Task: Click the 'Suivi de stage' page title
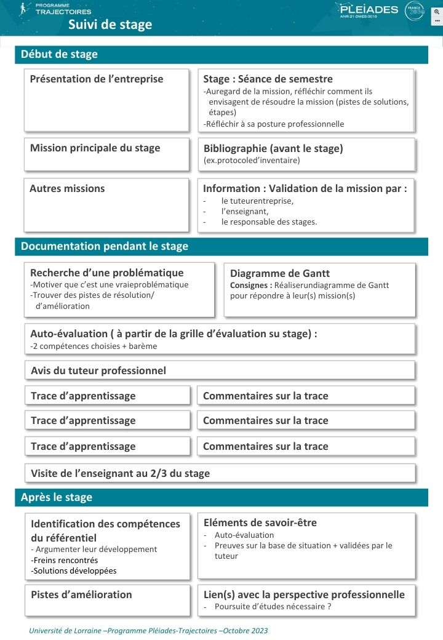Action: click(110, 25)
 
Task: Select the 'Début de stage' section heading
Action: click(59, 54)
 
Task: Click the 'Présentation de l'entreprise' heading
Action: click(97, 79)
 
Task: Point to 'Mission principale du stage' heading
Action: click(95, 148)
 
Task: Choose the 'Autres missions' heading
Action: click(67, 188)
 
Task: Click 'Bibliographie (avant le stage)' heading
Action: click(273, 148)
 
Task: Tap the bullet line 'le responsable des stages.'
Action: click(269, 222)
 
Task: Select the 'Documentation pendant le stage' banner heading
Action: click(105, 246)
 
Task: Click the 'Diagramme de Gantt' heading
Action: click(280, 274)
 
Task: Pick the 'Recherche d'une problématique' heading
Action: click(107, 273)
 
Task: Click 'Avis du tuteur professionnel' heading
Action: click(98, 370)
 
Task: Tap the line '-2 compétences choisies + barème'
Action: click(94, 346)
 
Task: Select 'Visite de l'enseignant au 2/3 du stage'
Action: click(121, 473)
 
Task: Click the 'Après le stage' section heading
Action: click(57, 497)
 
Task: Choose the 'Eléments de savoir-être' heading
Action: click(260, 522)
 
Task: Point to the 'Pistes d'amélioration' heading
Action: click(81, 594)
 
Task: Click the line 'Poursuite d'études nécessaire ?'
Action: click(273, 607)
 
